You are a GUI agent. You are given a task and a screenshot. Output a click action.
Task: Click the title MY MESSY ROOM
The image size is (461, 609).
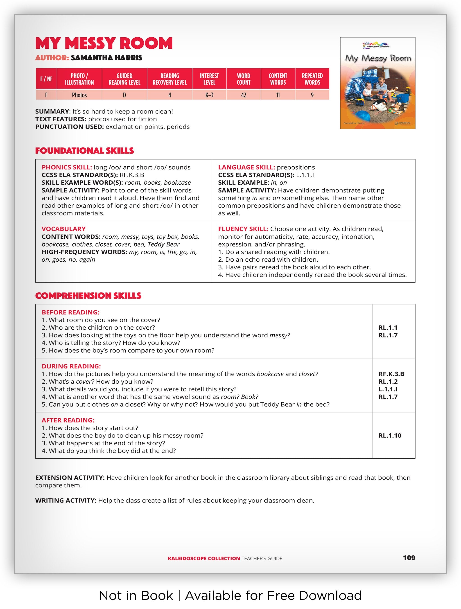coord(104,43)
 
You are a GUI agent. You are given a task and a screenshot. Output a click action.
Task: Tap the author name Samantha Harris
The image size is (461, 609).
coord(106,58)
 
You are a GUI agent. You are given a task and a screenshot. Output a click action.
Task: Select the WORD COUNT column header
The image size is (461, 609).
coord(243,79)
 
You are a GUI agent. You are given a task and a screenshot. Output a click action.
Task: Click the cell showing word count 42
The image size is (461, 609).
coord(243,95)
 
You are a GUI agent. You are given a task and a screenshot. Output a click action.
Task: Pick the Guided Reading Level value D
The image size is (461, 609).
coord(124,95)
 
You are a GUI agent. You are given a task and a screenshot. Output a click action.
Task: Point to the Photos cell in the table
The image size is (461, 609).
coord(79,95)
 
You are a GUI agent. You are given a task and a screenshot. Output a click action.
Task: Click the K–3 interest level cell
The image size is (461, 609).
coord(209,95)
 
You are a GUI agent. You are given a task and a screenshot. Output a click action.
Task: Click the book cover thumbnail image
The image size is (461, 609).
coord(378,83)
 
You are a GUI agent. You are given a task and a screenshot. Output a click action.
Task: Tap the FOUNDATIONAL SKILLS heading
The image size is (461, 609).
coord(84,151)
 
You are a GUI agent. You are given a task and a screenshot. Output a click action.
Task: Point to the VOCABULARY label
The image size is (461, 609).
coord(63,229)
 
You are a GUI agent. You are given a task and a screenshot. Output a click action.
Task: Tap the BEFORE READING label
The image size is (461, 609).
coord(70,312)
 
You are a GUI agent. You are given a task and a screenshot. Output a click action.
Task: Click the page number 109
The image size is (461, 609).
coord(409,558)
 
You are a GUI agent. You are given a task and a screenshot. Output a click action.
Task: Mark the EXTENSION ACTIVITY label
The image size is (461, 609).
coord(70,478)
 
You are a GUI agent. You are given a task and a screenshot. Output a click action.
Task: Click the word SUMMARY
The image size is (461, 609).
coord(52,111)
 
